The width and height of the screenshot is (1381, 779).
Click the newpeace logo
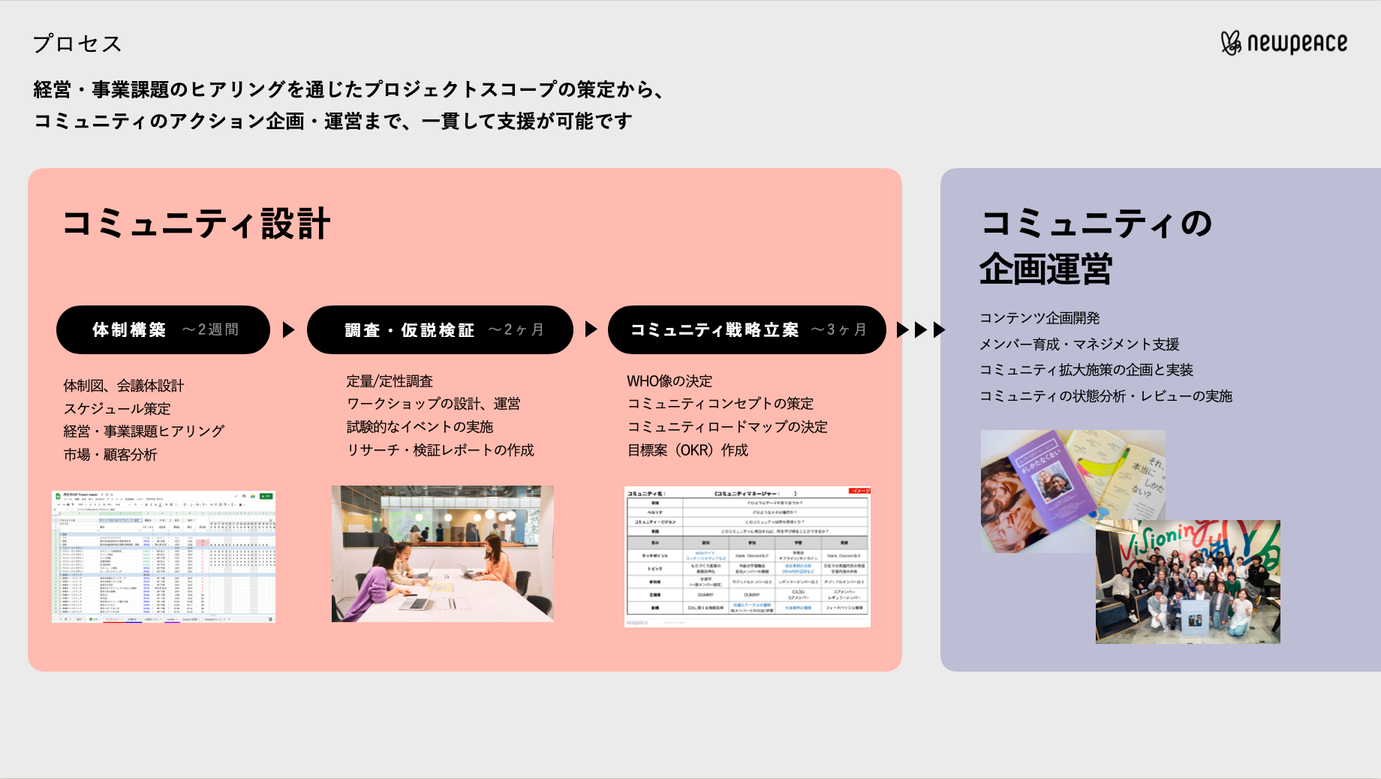click(x=1283, y=44)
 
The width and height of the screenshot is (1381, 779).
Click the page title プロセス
click(x=77, y=44)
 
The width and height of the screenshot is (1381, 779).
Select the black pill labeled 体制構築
click(x=163, y=329)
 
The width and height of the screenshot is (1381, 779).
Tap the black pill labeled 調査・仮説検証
click(x=440, y=329)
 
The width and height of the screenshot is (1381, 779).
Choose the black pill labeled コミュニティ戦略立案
click(x=747, y=329)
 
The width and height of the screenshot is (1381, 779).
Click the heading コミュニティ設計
click(x=196, y=224)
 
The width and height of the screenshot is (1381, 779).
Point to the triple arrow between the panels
click(x=921, y=329)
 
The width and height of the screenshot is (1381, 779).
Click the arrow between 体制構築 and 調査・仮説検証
click(x=289, y=329)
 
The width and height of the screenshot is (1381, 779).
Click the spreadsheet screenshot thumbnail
click(x=164, y=556)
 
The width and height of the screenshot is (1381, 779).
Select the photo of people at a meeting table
click(x=443, y=553)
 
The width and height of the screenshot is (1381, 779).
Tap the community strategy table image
click(x=747, y=556)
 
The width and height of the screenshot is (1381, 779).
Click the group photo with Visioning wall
click(x=1187, y=582)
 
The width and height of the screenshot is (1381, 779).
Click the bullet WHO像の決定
click(x=669, y=381)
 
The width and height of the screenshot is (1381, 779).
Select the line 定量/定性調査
click(x=390, y=381)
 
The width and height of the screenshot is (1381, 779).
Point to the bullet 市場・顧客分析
click(x=110, y=455)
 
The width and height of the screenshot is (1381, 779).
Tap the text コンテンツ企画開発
click(x=1040, y=318)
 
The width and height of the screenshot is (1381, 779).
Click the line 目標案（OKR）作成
click(x=687, y=450)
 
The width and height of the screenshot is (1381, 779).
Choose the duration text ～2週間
click(x=210, y=329)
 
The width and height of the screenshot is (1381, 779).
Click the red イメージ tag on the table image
click(x=859, y=491)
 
